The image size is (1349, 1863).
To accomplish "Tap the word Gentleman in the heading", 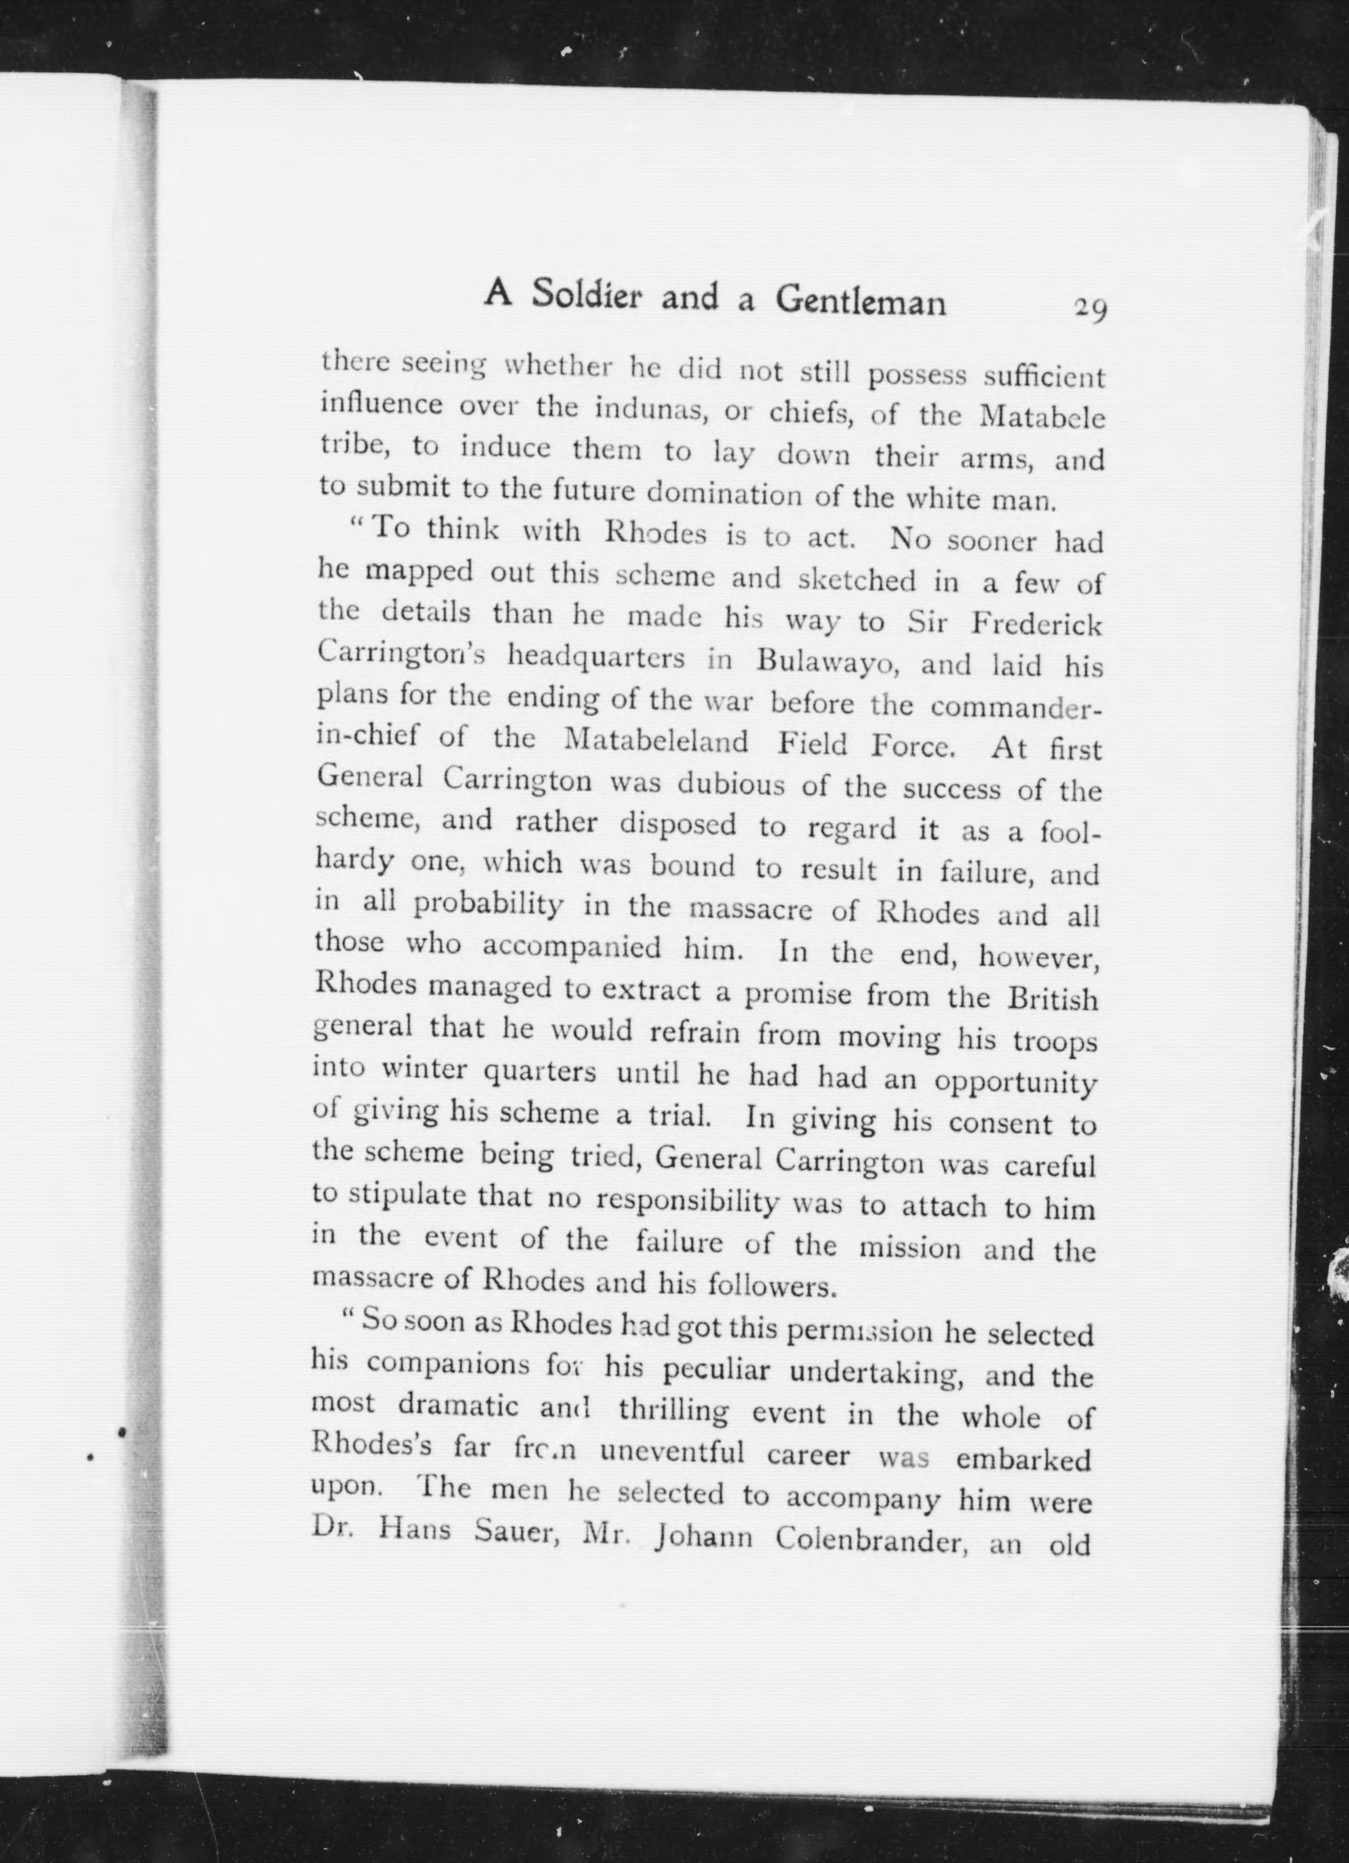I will click(860, 302).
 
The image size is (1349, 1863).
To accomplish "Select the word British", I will click(1053, 999).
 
